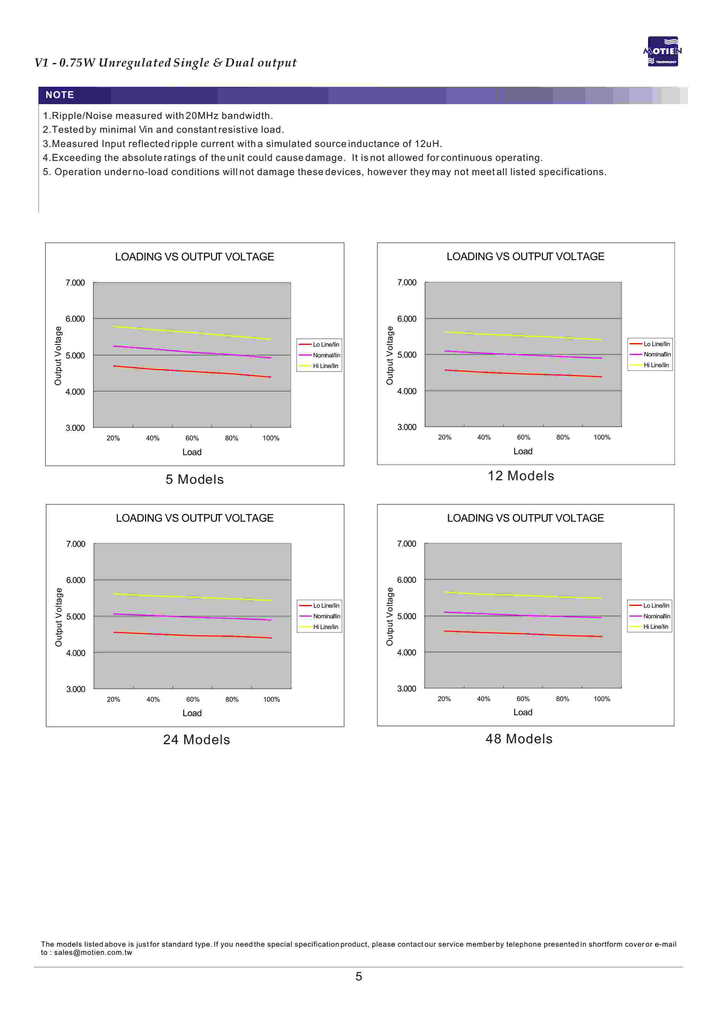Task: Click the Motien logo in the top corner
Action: coord(662,51)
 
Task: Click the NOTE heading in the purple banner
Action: coord(60,95)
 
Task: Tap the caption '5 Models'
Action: coord(195,479)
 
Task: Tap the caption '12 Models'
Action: coord(521,476)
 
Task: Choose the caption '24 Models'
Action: coord(196,740)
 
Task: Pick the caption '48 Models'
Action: coord(519,739)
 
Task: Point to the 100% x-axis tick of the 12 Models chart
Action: coord(602,437)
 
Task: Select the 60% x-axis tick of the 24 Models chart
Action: coord(193,700)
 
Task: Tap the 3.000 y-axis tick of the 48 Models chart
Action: coord(406,689)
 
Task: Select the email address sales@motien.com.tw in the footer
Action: coord(93,953)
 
